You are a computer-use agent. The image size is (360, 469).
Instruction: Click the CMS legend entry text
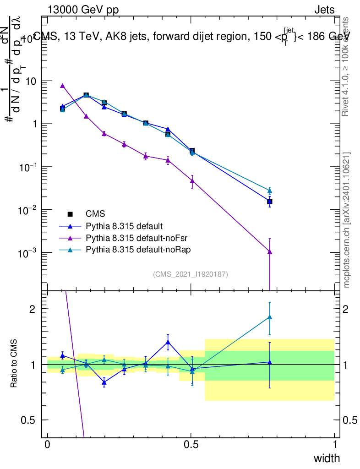coord(95,214)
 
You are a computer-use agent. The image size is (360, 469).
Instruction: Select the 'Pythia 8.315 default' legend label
coord(124,226)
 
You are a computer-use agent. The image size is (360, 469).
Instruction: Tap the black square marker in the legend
coord(70,214)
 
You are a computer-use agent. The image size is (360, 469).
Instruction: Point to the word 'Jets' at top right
coord(324,10)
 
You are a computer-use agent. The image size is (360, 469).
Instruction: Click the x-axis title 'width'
coord(327,458)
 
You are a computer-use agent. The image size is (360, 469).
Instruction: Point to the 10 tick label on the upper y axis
coord(31,81)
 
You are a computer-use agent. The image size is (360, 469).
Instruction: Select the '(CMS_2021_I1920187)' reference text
coord(191,274)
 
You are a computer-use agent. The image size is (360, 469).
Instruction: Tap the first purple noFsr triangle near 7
coord(62,86)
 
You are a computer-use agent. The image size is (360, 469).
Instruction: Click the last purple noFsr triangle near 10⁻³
coord(270,251)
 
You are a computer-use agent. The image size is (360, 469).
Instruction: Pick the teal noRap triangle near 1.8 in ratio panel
coord(270,317)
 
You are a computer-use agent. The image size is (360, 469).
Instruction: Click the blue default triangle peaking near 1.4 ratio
coord(168,342)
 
